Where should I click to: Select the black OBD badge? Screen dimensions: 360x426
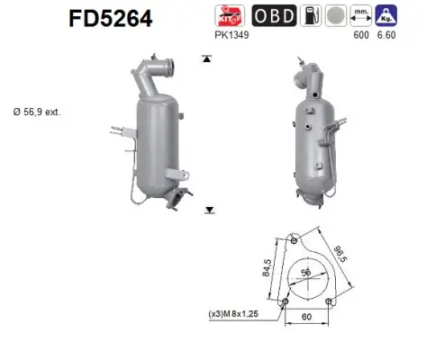[270, 15]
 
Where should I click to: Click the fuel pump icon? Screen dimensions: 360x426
[309, 15]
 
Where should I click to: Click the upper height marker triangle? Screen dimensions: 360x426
[208, 58]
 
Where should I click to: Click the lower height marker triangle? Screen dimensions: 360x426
[209, 210]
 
